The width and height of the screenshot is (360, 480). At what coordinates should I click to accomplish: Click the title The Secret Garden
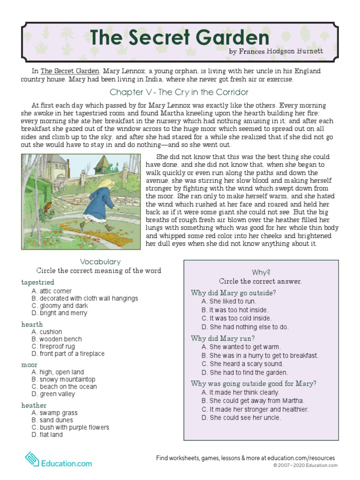pyautogui.click(x=180, y=37)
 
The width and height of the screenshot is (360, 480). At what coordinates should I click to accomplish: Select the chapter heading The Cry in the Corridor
pyautogui.click(x=179, y=92)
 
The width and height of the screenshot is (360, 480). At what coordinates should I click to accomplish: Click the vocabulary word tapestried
pyautogui.click(x=37, y=282)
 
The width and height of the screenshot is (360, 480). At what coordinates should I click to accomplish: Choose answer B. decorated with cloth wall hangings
pyautogui.click(x=84, y=299)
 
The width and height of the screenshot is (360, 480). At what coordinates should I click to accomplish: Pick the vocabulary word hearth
pyautogui.click(x=32, y=324)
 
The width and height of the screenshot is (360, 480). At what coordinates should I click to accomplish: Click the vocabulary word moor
pyautogui.click(x=29, y=365)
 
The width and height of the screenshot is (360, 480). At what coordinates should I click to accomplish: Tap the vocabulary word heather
pyautogui.click(x=34, y=405)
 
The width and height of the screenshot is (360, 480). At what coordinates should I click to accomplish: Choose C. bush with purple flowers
pyautogui.click(x=70, y=427)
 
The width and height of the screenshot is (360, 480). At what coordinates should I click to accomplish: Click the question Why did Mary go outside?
pyautogui.click(x=233, y=293)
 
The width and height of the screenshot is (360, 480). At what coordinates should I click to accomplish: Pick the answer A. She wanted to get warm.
pyautogui.click(x=241, y=347)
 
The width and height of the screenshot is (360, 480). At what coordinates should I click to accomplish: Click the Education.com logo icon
pyautogui.click(x=31, y=458)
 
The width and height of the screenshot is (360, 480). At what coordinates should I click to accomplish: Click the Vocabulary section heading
pyautogui.click(x=100, y=262)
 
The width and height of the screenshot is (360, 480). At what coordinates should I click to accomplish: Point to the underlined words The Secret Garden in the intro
pyautogui.click(x=70, y=71)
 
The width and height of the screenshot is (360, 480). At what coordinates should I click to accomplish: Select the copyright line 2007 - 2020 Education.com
pyautogui.click(x=305, y=465)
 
